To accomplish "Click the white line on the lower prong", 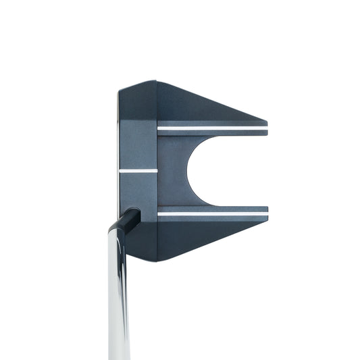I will [x=212, y=213].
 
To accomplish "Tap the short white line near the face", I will [x=138, y=170].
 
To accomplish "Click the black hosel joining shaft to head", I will [x=128, y=220].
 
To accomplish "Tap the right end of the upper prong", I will [x=266, y=128].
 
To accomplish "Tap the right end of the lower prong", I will [x=266, y=212].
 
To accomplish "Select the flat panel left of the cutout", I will [x=172, y=170].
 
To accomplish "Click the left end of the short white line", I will [x=120, y=170].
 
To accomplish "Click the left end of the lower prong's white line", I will [x=159, y=213].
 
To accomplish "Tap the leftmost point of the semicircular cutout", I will [x=187, y=170].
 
